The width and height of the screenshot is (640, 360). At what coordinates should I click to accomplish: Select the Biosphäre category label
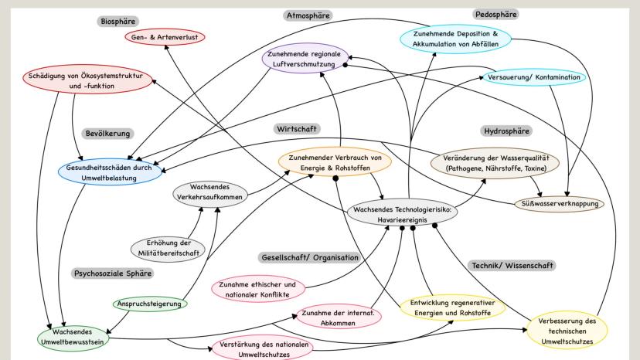coord(118,21)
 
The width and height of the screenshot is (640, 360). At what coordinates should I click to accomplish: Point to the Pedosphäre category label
coord(496,15)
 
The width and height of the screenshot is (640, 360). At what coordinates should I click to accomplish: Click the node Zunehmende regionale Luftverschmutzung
coord(305,60)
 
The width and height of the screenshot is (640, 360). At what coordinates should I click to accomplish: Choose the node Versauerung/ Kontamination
coord(534,78)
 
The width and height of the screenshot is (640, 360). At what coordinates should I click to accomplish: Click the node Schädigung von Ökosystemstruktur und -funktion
coord(87,82)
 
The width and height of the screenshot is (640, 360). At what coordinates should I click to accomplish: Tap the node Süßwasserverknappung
coord(560,205)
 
